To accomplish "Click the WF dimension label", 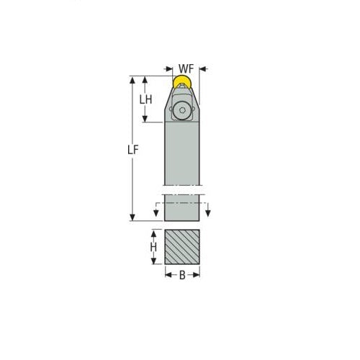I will point(185,69).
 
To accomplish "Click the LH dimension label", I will point(145,99).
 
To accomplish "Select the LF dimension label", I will point(132,150).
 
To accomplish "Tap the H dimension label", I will point(153,247).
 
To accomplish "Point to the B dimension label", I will point(182,274).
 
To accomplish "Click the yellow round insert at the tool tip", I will point(183,84).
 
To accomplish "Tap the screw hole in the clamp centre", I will point(182,111).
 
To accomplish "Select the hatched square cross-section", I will point(182,247).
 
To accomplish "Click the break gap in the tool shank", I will point(182,190).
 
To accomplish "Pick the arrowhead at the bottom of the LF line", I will point(132,217).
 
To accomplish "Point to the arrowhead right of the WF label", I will point(202,69).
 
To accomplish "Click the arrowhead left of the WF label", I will point(169,69).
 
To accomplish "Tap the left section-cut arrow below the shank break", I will point(157,213).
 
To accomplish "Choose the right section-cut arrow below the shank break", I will point(207,213).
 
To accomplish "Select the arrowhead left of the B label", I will point(168,274).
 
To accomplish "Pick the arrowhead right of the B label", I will point(197,274).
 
